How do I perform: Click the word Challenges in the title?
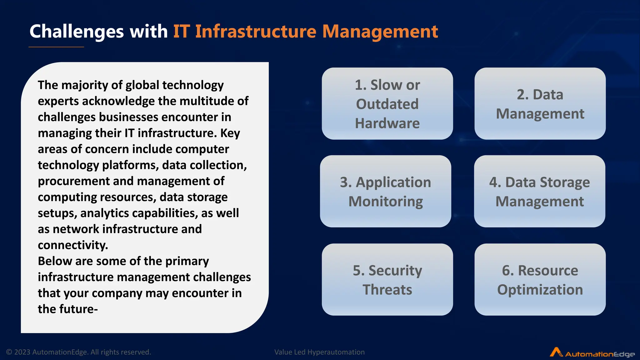click(77, 32)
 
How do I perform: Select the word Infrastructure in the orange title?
click(256, 31)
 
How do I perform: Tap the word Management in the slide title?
click(380, 32)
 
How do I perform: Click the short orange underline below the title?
click(56, 47)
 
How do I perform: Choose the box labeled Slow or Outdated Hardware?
click(387, 103)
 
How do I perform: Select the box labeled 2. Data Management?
click(540, 103)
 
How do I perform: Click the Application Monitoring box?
click(385, 191)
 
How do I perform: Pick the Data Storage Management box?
click(539, 191)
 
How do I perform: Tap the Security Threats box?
click(387, 279)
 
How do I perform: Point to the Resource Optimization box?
click(540, 279)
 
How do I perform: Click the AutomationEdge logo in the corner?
click(592, 353)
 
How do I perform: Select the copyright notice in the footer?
click(79, 352)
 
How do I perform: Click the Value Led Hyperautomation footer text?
click(319, 352)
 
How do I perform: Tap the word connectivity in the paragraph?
click(73, 245)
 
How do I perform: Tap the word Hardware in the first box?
click(387, 123)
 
